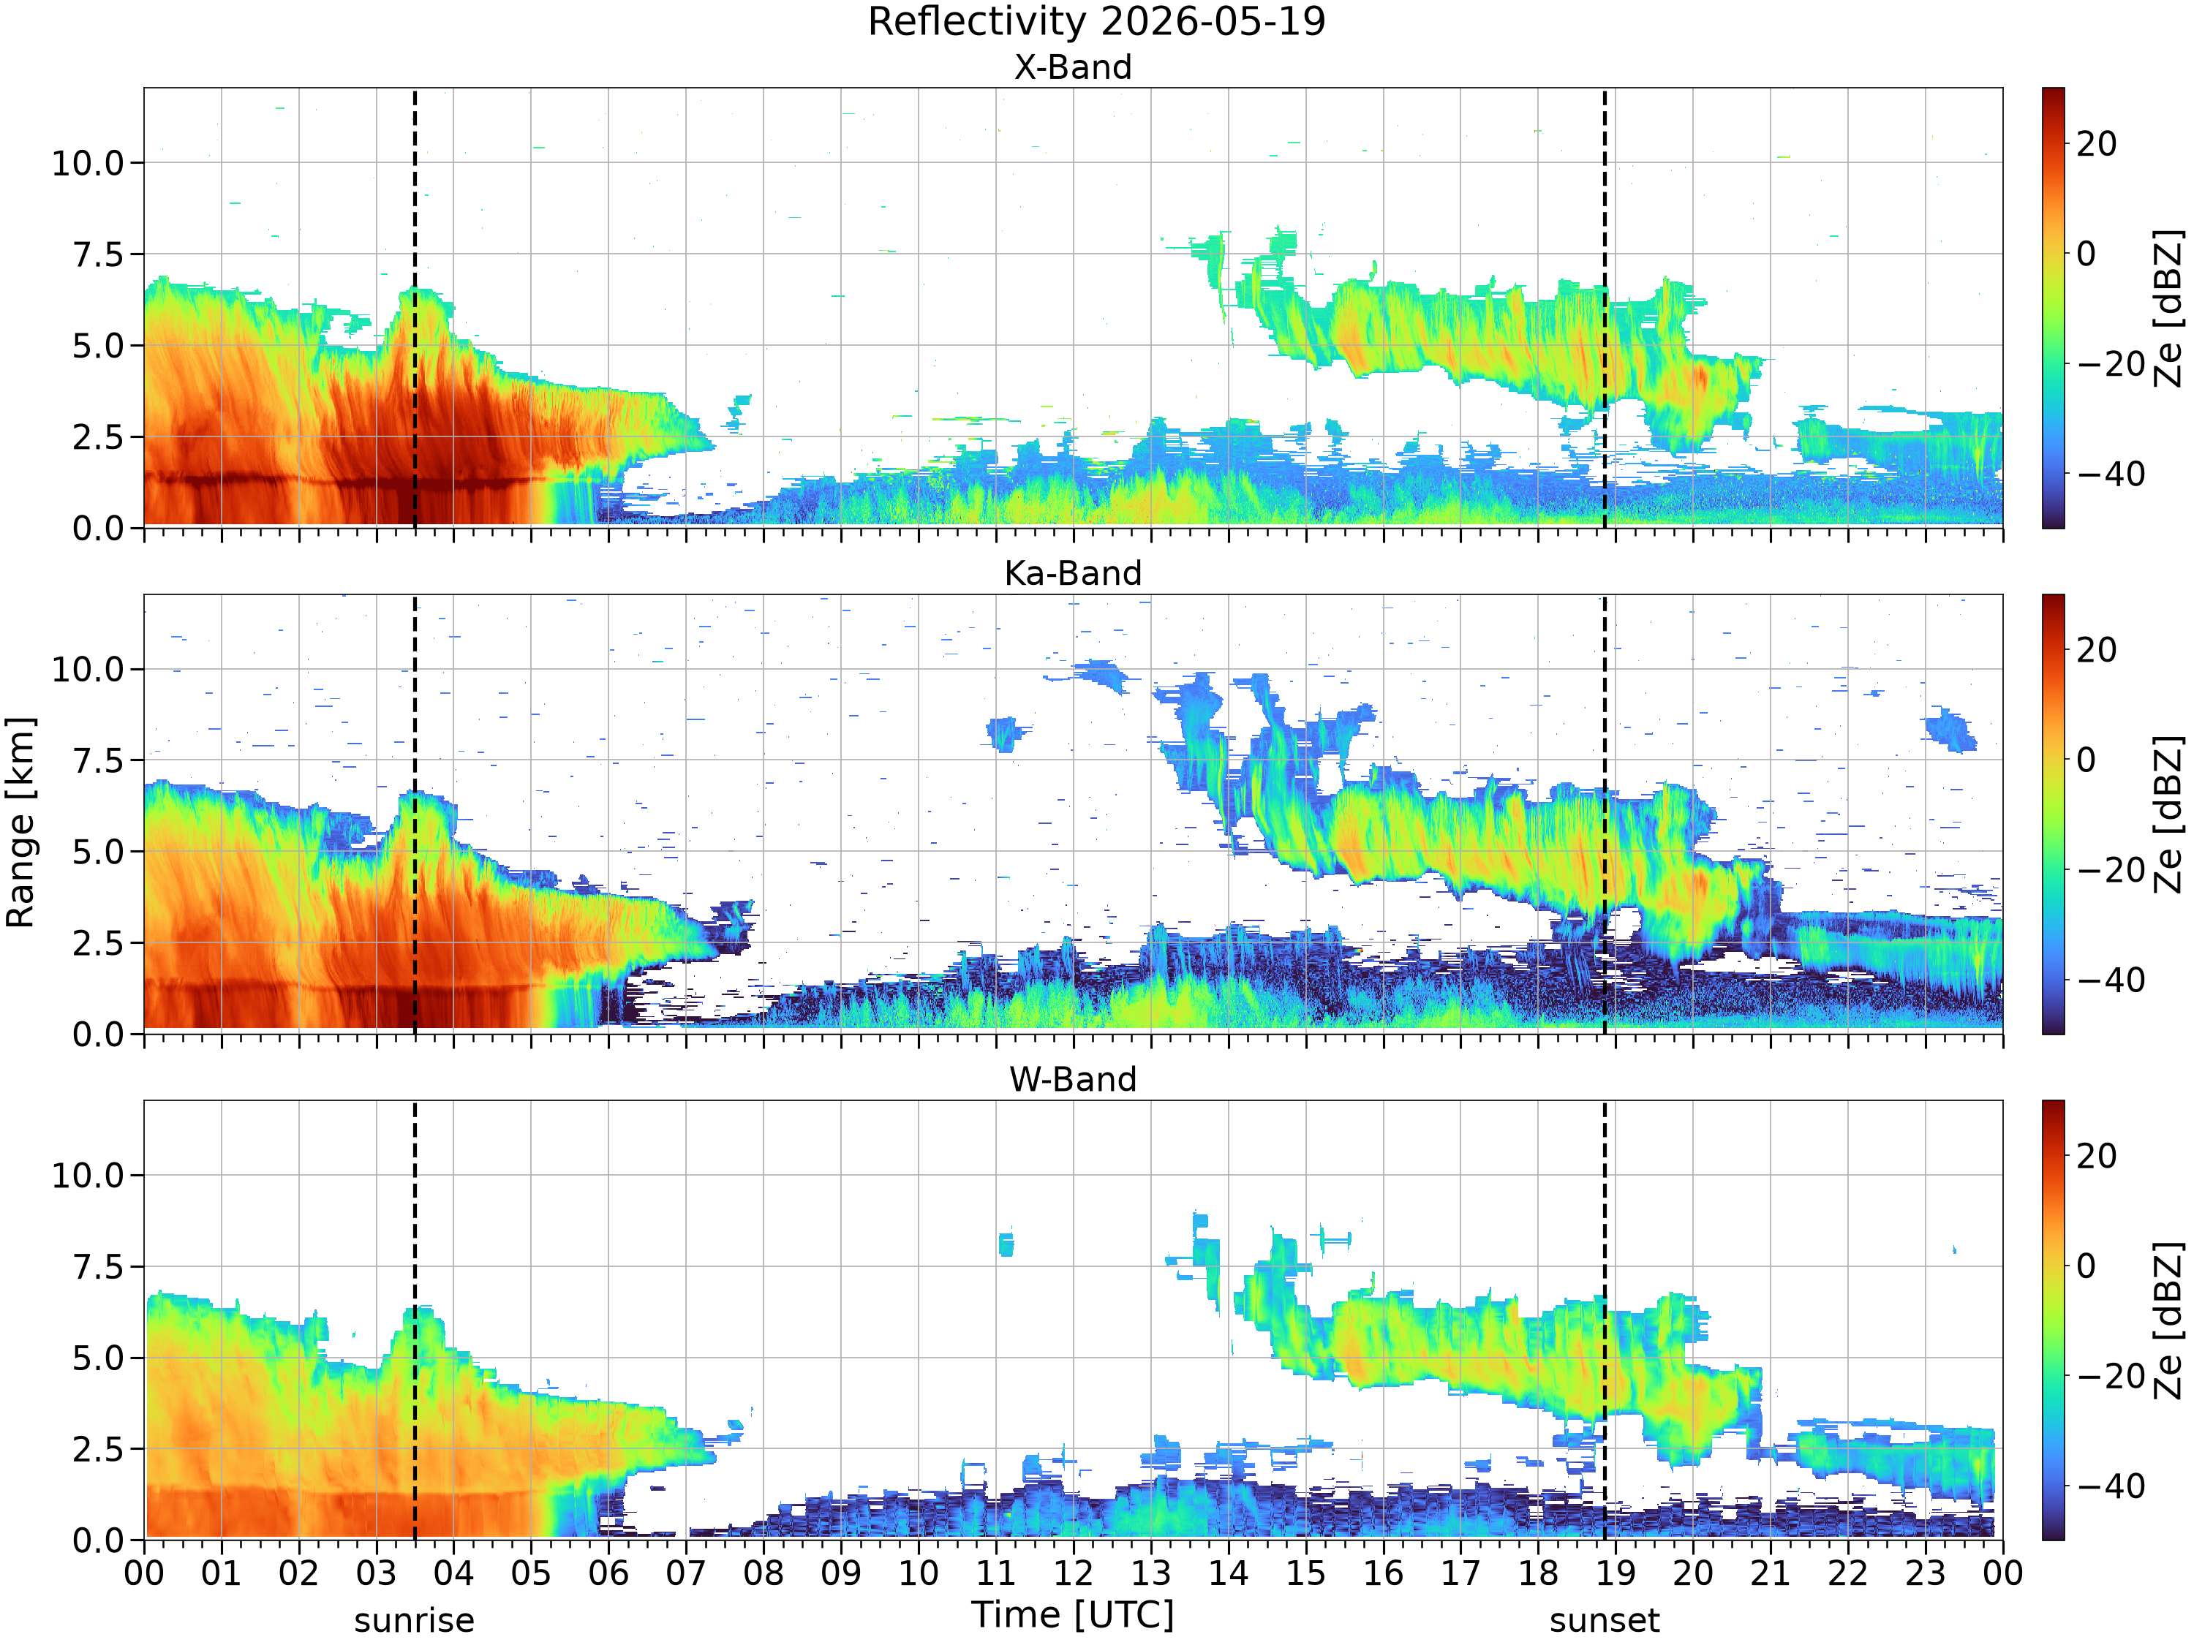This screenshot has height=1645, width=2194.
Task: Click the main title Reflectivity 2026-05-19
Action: click(1096, 22)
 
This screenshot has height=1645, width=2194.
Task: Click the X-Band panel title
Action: click(1072, 67)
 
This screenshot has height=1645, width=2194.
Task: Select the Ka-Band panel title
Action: click(1072, 573)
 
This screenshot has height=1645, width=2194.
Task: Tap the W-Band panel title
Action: click(1072, 1079)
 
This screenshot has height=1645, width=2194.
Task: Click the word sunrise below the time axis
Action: click(414, 1621)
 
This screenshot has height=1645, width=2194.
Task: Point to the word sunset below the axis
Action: click(1604, 1621)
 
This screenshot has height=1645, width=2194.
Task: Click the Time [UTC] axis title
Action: click(1072, 1615)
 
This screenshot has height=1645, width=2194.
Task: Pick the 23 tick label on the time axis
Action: click(1924, 1573)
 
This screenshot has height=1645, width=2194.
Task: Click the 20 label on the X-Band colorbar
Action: click(2097, 144)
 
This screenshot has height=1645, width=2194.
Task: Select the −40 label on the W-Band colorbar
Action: click(2111, 1486)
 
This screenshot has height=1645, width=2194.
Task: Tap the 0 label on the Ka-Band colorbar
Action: click(2086, 760)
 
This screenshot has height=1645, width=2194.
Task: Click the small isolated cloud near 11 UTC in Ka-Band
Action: click(1006, 735)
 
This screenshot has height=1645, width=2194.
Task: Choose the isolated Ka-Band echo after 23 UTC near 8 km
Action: click(1950, 730)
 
